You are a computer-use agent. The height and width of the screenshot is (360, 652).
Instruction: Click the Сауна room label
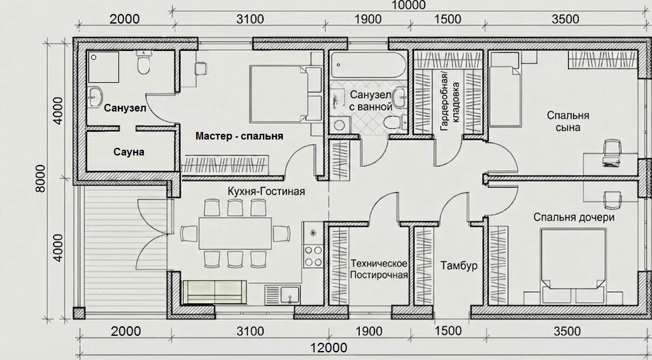pos(129,152)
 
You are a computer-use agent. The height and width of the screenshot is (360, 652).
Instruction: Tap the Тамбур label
pos(458,266)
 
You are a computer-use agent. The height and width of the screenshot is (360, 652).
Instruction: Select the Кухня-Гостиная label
pos(266,191)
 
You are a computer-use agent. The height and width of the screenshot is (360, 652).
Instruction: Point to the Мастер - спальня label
pos(239,136)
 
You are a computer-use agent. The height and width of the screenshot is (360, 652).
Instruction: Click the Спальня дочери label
pos(574,217)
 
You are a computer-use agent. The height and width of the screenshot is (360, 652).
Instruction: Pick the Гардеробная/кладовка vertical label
pos(450,101)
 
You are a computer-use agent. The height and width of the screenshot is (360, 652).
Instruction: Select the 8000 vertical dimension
pos(40,178)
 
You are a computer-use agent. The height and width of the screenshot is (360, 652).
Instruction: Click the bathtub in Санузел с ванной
pos(369,66)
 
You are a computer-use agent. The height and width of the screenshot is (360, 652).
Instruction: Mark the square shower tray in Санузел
pos(104,67)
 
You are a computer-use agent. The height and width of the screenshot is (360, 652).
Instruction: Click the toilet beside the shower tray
pos(143,63)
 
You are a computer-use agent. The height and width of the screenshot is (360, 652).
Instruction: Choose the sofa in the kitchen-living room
pos(215,291)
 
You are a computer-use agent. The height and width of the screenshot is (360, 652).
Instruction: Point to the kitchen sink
pos(283,294)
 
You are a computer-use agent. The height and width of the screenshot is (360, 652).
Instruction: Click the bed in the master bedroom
pos(286,94)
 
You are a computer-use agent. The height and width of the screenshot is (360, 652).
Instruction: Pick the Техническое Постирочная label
pos(379,270)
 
